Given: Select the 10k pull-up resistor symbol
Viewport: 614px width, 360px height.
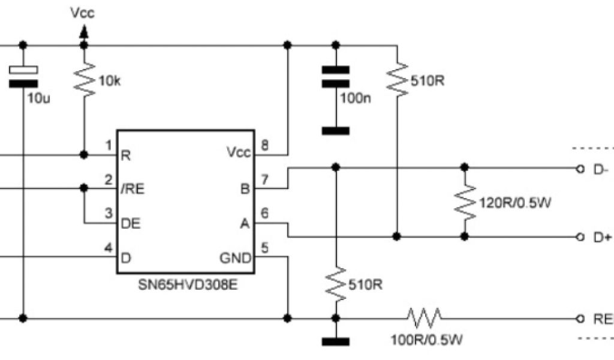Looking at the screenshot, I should click(84, 80).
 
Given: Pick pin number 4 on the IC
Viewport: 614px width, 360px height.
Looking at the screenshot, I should click(109, 247).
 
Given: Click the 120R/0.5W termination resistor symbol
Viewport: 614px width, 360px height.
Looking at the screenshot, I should click(463, 202).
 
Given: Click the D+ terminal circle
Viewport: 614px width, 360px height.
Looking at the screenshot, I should click(579, 237).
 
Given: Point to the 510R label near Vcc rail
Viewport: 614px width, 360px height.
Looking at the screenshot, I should click(427, 81).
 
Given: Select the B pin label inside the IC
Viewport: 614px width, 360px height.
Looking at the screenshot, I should click(244, 190).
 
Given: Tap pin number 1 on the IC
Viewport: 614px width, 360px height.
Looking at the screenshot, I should click(109, 145).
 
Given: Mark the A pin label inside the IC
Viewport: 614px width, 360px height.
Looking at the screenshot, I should click(244, 224).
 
